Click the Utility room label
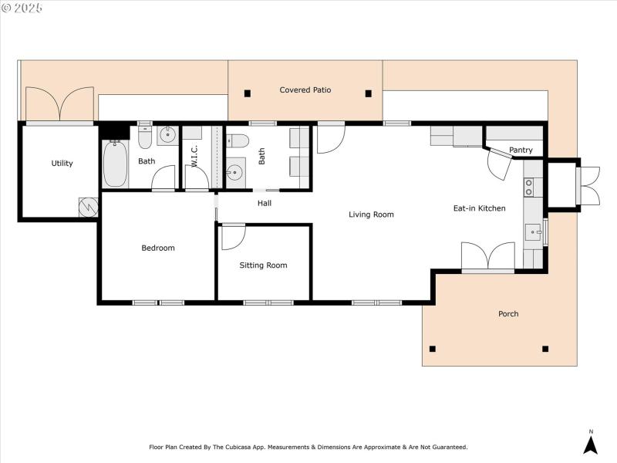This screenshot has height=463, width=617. [x=62, y=163]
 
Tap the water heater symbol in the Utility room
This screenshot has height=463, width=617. [x=88, y=207]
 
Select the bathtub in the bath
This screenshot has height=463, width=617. [x=114, y=164]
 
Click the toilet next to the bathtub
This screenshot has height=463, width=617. [x=145, y=137]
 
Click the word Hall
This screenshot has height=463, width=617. [x=264, y=204]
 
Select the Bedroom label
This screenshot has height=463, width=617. [x=157, y=248]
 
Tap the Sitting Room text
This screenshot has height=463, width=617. [x=263, y=265]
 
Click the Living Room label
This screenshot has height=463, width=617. [x=371, y=215]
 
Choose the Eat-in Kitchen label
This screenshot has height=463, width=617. [x=479, y=208]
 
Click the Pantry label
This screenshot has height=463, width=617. [x=521, y=150]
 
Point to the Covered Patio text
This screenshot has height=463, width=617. [x=305, y=90]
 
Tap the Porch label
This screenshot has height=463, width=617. [x=508, y=313]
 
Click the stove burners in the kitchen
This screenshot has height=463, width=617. [x=529, y=187]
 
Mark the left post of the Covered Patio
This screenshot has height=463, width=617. [x=248, y=93]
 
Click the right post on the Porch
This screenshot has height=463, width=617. [x=545, y=349]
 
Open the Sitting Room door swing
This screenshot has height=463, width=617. [x=231, y=237]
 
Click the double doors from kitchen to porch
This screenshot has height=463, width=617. [x=487, y=257]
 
